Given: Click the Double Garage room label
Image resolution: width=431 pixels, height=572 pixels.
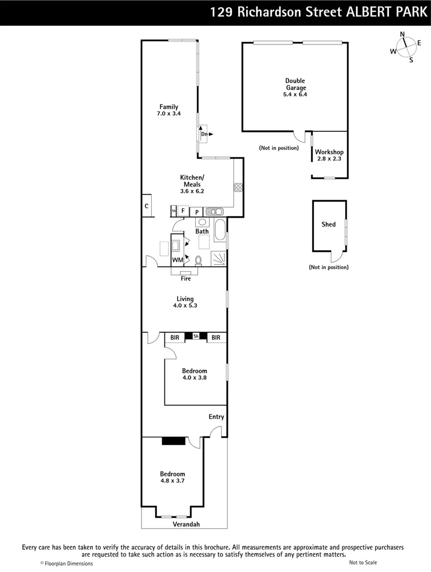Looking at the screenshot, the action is (x=295, y=84).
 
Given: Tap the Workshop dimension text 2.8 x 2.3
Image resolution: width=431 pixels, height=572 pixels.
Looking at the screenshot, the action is (x=329, y=159).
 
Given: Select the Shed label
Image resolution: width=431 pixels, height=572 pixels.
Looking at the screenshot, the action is (x=328, y=225).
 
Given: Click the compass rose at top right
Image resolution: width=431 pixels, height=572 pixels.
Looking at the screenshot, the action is (x=405, y=47).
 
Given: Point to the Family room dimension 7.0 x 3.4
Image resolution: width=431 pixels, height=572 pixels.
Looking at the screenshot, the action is (x=169, y=113).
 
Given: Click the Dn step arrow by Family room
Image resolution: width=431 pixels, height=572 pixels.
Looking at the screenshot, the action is (x=206, y=134).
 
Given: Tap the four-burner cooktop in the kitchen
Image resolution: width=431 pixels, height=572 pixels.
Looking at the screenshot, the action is (x=238, y=187).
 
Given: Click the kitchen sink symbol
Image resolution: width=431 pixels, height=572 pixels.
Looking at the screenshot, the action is (x=214, y=211).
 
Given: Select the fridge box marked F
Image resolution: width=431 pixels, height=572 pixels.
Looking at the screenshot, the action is (x=183, y=211).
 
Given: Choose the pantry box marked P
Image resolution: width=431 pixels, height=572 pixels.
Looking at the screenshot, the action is (x=197, y=212).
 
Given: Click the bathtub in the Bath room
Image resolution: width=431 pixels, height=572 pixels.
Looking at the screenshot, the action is (x=220, y=230).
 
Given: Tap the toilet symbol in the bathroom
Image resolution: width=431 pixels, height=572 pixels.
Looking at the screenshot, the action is (x=198, y=260).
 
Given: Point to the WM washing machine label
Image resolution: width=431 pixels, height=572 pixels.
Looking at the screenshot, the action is (x=178, y=260).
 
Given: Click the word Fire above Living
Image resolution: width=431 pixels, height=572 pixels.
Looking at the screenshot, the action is (x=186, y=279).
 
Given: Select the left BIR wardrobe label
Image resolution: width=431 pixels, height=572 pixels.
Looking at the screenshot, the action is (x=175, y=337).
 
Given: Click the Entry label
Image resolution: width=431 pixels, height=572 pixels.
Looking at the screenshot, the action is (x=216, y=417).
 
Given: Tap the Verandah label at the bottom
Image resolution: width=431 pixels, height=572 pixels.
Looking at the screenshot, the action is (x=186, y=524).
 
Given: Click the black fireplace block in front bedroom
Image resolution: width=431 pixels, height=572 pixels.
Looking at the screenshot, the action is (x=174, y=441).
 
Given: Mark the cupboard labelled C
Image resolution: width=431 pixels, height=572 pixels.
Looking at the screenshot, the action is (x=146, y=206).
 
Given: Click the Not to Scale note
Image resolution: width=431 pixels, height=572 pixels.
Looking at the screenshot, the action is (x=363, y=562).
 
